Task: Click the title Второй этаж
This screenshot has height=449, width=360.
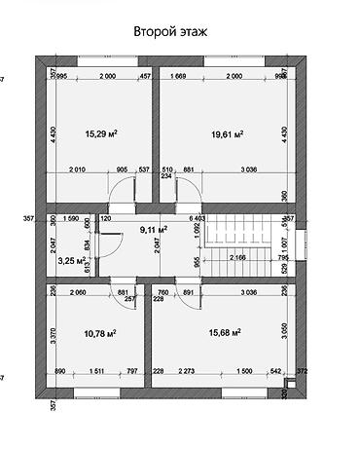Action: [170, 32]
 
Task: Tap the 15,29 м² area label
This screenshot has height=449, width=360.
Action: [101, 133]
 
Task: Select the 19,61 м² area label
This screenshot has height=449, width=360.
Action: [227, 133]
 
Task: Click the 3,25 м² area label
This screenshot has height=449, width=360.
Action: [71, 261]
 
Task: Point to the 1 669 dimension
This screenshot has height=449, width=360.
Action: [178, 76]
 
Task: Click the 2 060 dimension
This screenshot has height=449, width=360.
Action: [80, 291]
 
